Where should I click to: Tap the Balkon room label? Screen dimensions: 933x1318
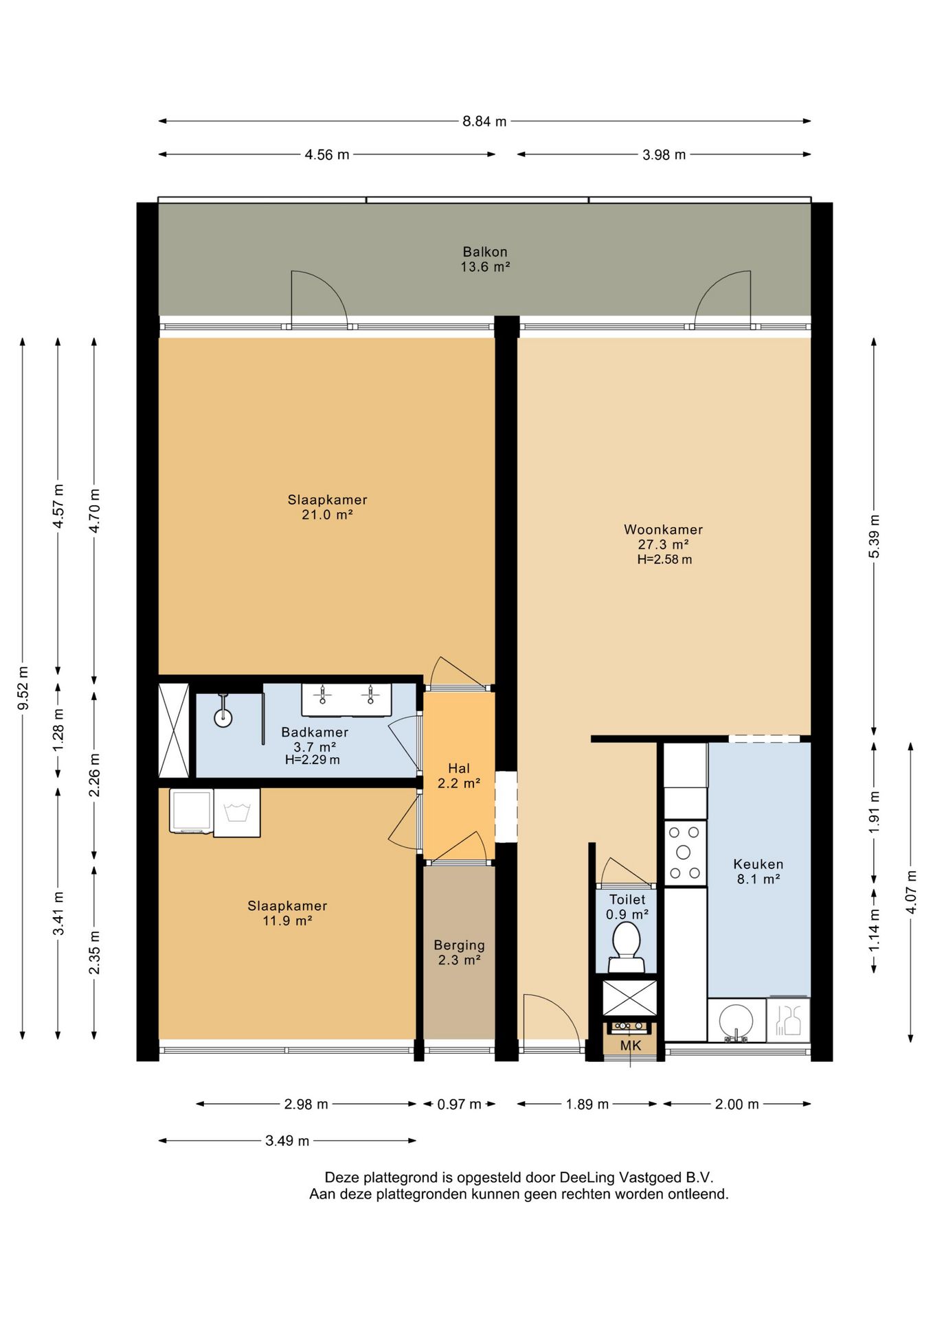point(485,252)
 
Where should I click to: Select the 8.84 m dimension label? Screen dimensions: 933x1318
point(484,122)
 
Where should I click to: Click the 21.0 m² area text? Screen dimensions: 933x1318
point(327,515)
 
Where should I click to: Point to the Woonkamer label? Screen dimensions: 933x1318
point(663,529)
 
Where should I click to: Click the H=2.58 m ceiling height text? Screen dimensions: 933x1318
point(664,559)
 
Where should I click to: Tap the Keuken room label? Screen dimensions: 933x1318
point(758,864)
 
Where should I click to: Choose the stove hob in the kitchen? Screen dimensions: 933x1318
point(685,853)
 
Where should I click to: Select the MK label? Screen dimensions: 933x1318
point(631,1045)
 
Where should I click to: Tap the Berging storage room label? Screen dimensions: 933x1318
point(459,945)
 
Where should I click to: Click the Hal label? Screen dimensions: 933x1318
point(459,768)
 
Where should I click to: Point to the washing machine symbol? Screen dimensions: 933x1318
point(236,813)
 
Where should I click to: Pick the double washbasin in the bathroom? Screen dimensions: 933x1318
point(346,700)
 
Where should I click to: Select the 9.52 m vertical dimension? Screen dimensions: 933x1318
point(23,689)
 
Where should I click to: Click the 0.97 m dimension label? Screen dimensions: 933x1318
point(459,1105)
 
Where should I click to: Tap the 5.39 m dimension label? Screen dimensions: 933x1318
point(874,536)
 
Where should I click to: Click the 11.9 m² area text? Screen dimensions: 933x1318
point(287,921)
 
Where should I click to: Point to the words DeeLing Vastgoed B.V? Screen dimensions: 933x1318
point(637,1177)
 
